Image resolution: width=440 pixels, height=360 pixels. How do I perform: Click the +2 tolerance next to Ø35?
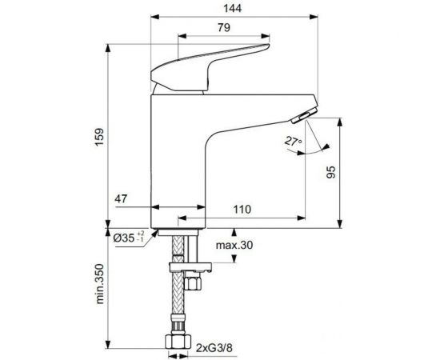141,234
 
